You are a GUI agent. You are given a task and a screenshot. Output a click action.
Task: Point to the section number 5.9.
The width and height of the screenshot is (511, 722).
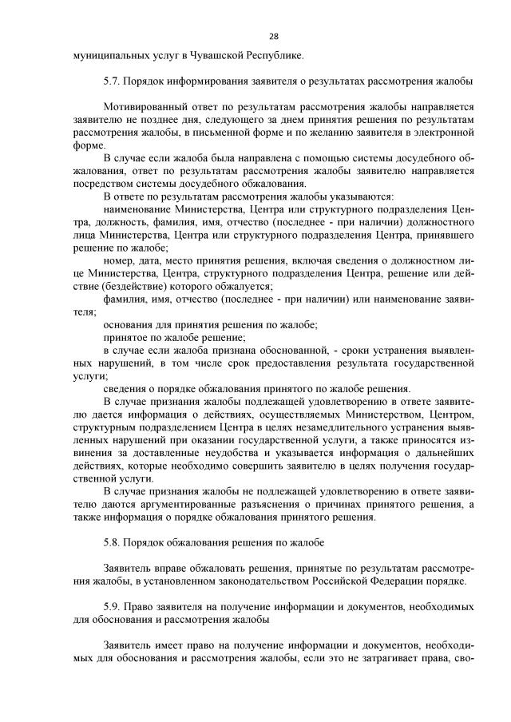pos(112,608)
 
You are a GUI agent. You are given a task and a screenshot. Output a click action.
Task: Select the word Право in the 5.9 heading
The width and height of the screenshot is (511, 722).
pos(140,608)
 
